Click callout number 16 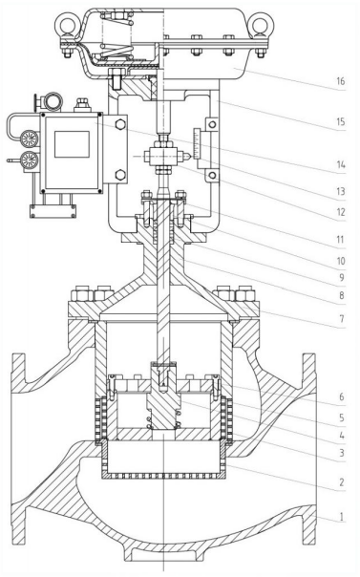(341, 81)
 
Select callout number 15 (341, 122)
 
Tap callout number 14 (341, 164)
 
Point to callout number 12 (341, 212)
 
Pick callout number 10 (341, 261)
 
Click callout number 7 (342, 318)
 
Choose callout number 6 (342, 396)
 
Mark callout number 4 (342, 436)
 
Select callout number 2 (342, 482)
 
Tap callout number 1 (342, 517)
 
